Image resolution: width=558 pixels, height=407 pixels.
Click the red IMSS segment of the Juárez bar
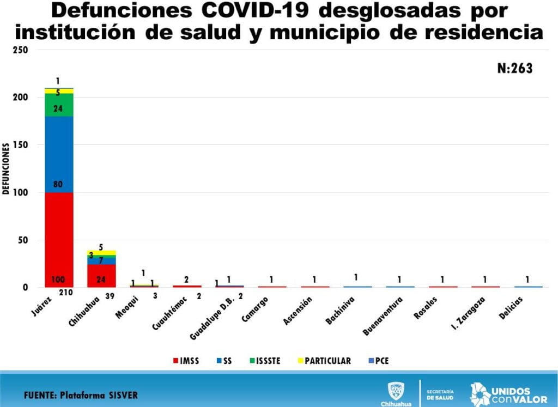tap(59, 240)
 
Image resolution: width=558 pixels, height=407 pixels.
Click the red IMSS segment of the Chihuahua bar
tap(101, 276)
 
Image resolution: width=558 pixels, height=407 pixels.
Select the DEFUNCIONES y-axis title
tap(6, 169)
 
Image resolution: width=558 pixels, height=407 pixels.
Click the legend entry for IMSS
tap(186, 361)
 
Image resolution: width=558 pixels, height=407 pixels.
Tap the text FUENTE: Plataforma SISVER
tap(81, 394)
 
